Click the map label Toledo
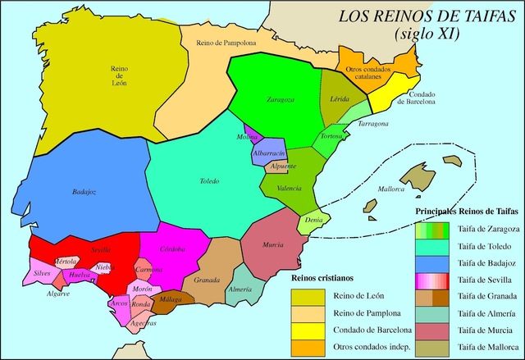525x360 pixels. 209,181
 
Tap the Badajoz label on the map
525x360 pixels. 84,192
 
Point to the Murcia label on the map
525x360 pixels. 273,244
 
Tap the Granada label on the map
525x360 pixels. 207,280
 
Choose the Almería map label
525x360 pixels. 240,290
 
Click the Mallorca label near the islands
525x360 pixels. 390,189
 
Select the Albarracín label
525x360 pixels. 269,153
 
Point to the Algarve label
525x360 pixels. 57,293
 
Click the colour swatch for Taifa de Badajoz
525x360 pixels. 434,263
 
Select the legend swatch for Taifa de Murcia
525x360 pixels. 434,329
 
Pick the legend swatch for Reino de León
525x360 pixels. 310,296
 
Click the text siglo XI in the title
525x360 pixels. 427,34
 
